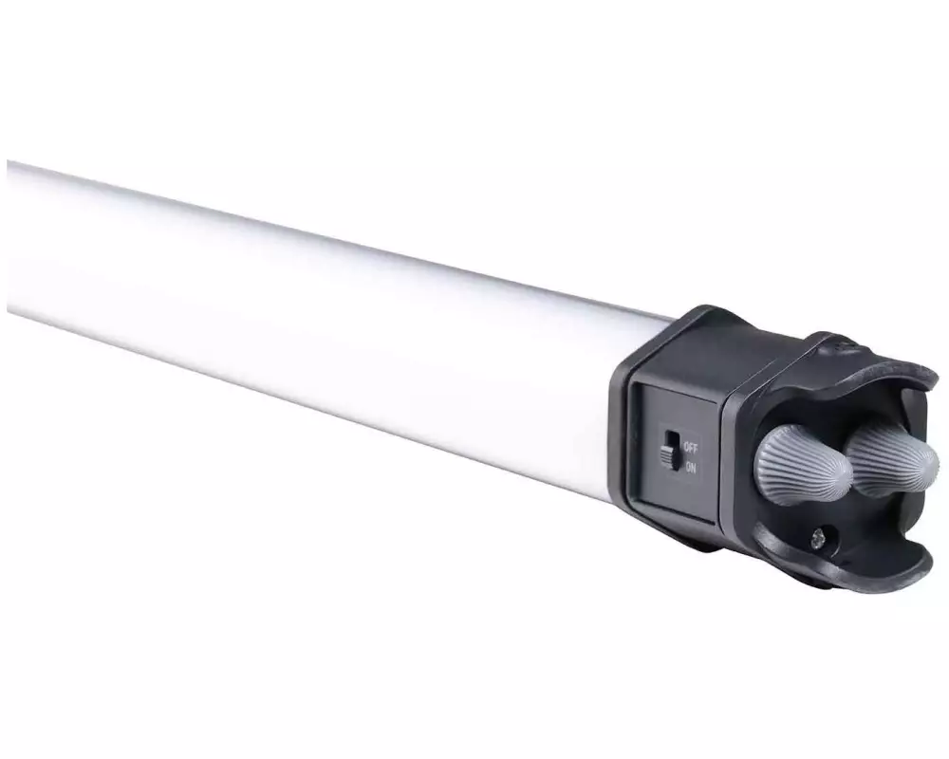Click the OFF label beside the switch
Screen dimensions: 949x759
pos(690,449)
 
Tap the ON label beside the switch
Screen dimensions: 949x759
pos(690,468)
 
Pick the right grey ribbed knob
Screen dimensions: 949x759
pos(891,459)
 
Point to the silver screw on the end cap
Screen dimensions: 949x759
pos(818,536)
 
